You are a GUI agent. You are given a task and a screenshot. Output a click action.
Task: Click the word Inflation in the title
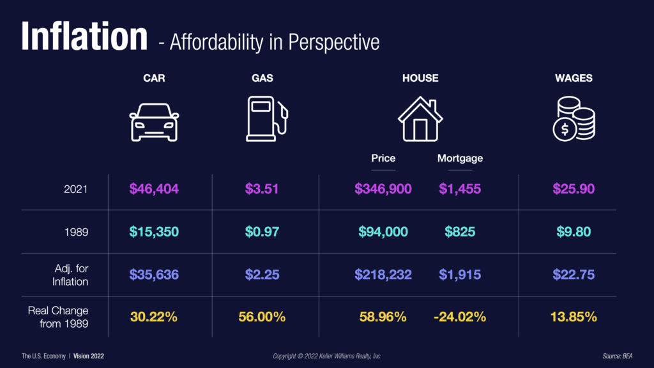click(x=84, y=36)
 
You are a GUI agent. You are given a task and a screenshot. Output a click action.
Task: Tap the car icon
click(x=154, y=122)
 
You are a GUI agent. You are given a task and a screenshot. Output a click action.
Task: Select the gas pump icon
click(x=266, y=119)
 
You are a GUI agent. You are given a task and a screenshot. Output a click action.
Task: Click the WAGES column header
click(x=573, y=79)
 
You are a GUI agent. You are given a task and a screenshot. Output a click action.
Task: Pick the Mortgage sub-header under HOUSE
click(x=460, y=158)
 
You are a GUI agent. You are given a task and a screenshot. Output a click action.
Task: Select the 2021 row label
click(x=75, y=188)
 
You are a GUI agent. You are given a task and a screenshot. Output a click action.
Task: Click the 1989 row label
click(x=75, y=231)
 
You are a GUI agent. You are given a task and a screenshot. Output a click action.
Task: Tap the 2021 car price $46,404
click(x=154, y=188)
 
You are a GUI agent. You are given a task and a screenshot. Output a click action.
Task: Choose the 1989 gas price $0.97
click(x=262, y=231)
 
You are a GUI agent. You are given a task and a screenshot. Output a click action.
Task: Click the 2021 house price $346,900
click(x=383, y=188)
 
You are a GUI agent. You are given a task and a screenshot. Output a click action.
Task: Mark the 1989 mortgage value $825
click(x=460, y=231)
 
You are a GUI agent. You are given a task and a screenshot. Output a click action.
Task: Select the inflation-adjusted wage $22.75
click(x=573, y=274)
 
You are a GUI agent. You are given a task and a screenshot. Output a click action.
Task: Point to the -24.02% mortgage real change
click(x=460, y=316)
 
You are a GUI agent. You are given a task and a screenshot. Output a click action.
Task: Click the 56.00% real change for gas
click(x=262, y=316)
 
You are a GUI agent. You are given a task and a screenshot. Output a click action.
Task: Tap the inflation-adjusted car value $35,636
click(x=154, y=274)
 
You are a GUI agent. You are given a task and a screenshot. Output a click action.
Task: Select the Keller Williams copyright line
click(x=327, y=355)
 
